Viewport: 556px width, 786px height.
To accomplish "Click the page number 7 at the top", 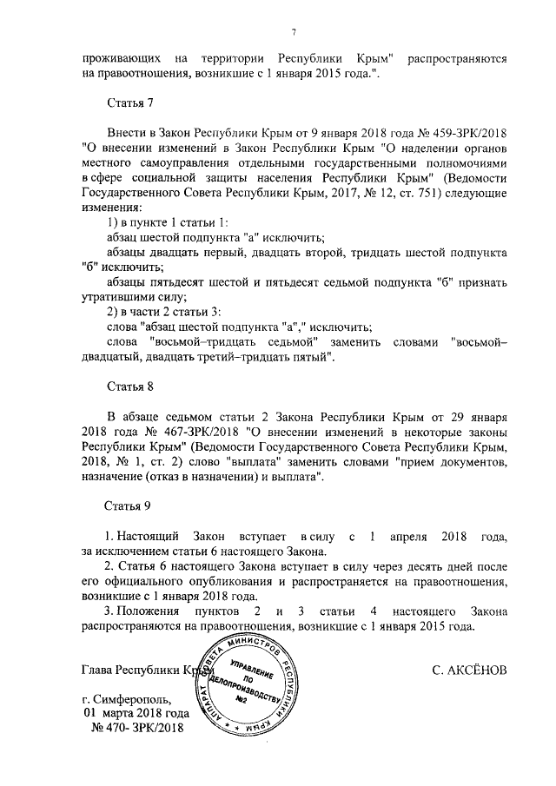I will tap(295, 32).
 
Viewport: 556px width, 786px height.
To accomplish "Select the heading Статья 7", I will tap(129, 103).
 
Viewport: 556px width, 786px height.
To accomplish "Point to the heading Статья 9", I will tap(129, 505).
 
